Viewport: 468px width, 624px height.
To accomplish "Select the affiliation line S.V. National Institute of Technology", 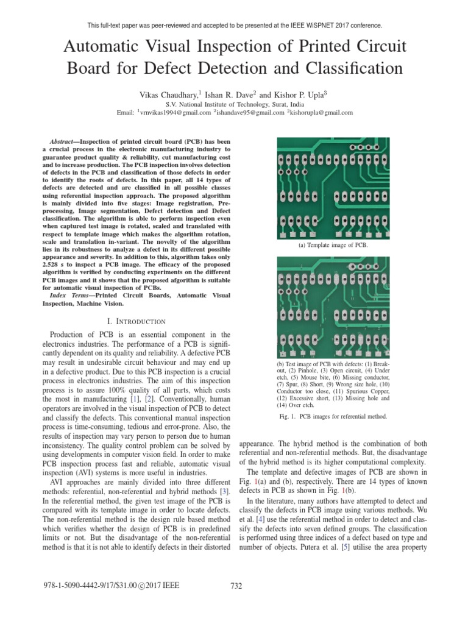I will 235,104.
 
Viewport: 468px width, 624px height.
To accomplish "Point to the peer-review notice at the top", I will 235,26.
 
